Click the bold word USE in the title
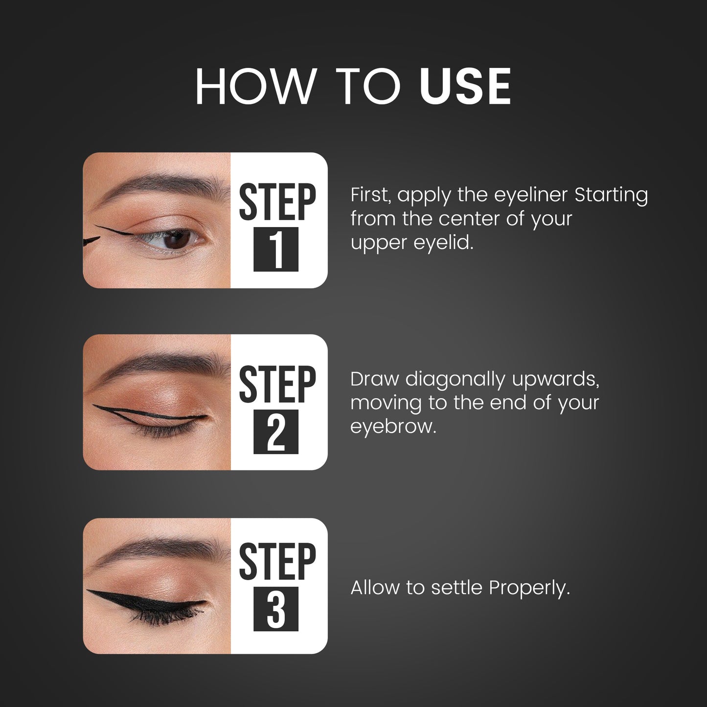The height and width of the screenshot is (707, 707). coord(465,87)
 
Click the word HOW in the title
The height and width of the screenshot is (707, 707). coord(255,87)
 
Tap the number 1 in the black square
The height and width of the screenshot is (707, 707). coord(276,249)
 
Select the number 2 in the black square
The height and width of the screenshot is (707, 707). coord(276,432)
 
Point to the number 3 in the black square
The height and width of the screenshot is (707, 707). coord(276,609)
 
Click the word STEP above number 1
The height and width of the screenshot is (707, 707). coord(277,202)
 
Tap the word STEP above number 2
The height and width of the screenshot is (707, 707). coord(277,384)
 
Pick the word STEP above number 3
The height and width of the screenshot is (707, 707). coord(277,561)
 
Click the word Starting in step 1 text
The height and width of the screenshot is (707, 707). coord(611,195)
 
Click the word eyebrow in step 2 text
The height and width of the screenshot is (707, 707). coord(393,427)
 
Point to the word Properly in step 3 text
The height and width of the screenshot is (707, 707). coord(529,588)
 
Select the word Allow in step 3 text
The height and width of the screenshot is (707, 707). coord(376,588)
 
